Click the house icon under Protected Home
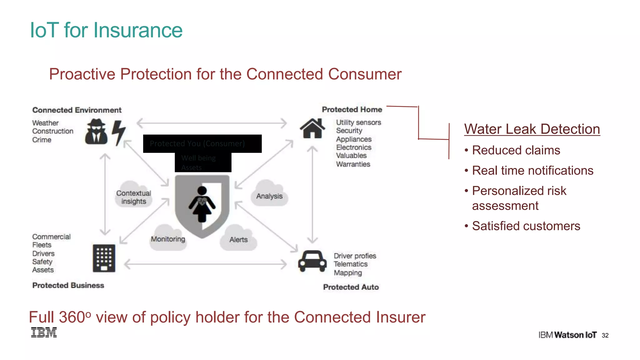click(312, 128)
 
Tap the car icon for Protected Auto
click(312, 261)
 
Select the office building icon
click(104, 258)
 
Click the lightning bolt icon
click(119, 132)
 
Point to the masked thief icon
click(96, 132)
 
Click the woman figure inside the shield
click(202, 204)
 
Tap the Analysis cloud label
click(269, 196)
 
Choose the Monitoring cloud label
click(168, 239)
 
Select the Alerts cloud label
click(238, 240)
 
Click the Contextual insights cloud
click(134, 197)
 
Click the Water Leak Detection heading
click(532, 129)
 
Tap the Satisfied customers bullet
click(526, 226)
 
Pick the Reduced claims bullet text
click(516, 150)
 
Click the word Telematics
click(351, 264)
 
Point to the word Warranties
click(353, 164)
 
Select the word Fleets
click(42, 245)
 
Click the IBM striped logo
click(44, 332)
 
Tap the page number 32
click(605, 335)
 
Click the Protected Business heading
click(68, 285)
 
